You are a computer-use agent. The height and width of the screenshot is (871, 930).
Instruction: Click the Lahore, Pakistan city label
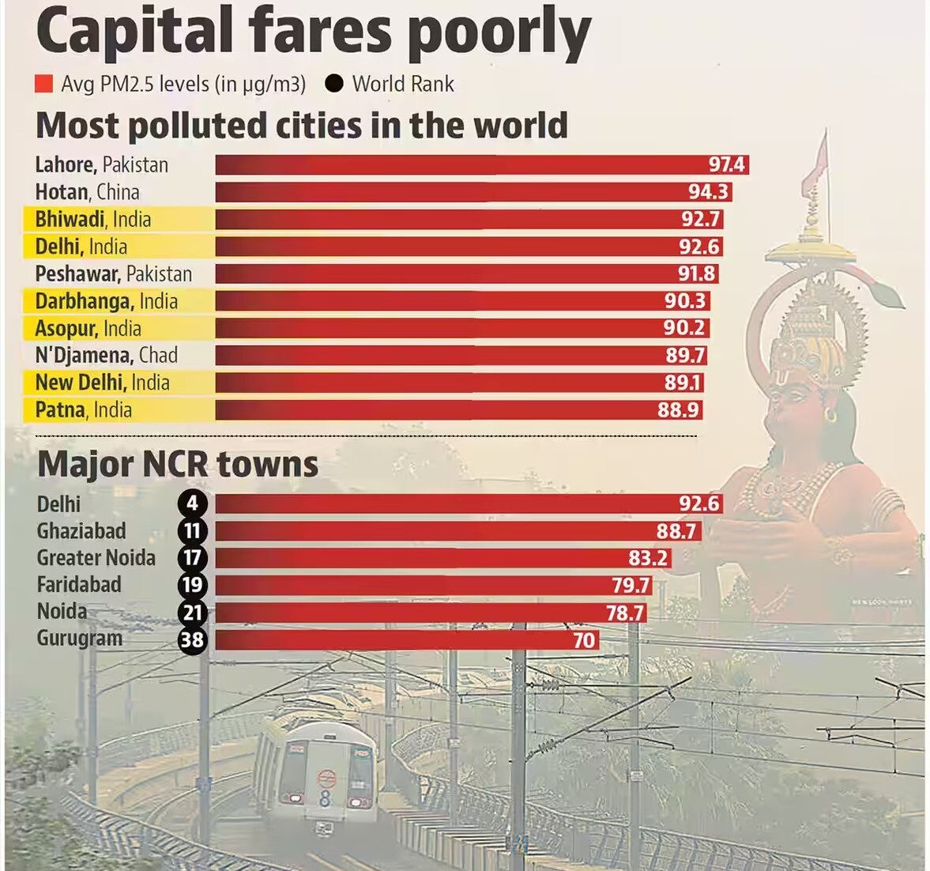click(101, 164)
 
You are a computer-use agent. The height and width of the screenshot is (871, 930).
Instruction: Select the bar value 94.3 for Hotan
click(709, 192)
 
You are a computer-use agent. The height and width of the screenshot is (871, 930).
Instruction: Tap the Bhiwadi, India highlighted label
click(92, 219)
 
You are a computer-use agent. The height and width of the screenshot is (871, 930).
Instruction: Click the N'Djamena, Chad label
click(106, 355)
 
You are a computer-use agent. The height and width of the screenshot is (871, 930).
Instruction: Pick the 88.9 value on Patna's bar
click(678, 409)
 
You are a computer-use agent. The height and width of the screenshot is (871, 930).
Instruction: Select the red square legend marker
click(44, 84)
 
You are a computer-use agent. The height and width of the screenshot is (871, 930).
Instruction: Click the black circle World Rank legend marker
click(334, 83)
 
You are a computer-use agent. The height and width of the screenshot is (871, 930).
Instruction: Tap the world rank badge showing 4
click(193, 503)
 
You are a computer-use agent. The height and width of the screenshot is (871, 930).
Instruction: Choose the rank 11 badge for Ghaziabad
click(193, 531)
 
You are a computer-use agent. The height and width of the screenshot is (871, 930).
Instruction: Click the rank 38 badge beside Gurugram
click(193, 639)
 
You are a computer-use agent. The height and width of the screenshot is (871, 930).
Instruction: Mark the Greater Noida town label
click(96, 558)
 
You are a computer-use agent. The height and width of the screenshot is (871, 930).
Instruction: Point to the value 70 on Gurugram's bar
click(584, 639)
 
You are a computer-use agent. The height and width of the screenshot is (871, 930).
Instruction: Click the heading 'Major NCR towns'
click(178, 464)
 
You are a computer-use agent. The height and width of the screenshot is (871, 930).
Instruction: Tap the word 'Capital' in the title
click(134, 33)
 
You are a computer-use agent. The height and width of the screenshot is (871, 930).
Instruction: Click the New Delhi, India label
click(102, 383)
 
